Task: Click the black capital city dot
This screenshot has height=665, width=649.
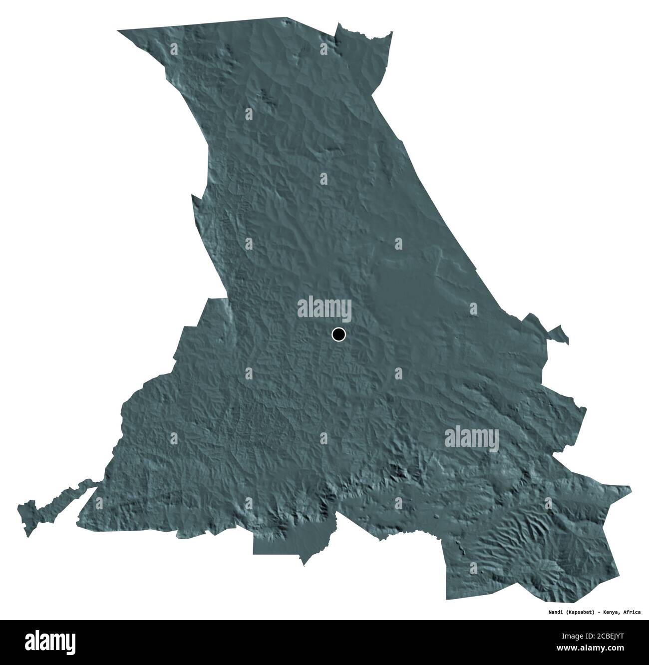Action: click(x=338, y=334)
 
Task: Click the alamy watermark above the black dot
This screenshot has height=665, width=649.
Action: click(x=324, y=308)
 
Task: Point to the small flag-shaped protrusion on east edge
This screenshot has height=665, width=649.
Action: click(x=558, y=334)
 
